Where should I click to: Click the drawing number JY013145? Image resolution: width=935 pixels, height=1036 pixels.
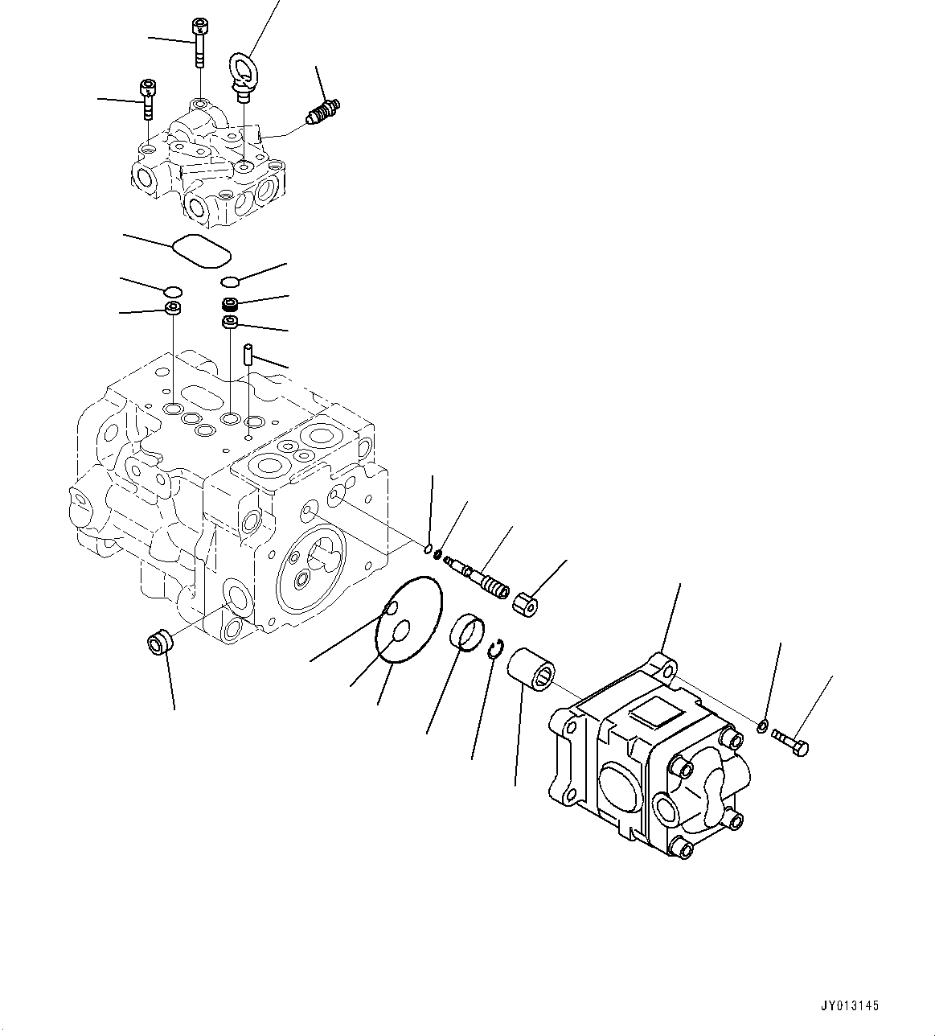pyautogui.click(x=851, y=1005)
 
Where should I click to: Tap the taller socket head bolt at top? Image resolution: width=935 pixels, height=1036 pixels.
pyautogui.click(x=199, y=43)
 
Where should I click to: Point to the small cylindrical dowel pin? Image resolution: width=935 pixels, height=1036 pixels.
pyautogui.click(x=249, y=354)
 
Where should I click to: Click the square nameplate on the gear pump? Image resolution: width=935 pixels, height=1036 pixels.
pyautogui.click(x=656, y=710)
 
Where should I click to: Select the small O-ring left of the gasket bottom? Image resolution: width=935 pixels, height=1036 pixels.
pyautogui.click(x=172, y=290)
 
